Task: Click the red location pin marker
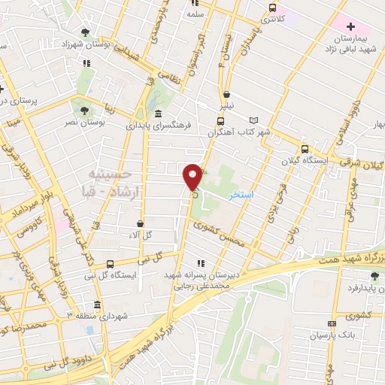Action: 193,177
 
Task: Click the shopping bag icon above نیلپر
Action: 226,94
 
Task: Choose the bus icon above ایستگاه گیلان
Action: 305,149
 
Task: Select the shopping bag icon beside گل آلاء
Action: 140,223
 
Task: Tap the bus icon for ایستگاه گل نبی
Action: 111,264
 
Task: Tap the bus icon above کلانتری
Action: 273,8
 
